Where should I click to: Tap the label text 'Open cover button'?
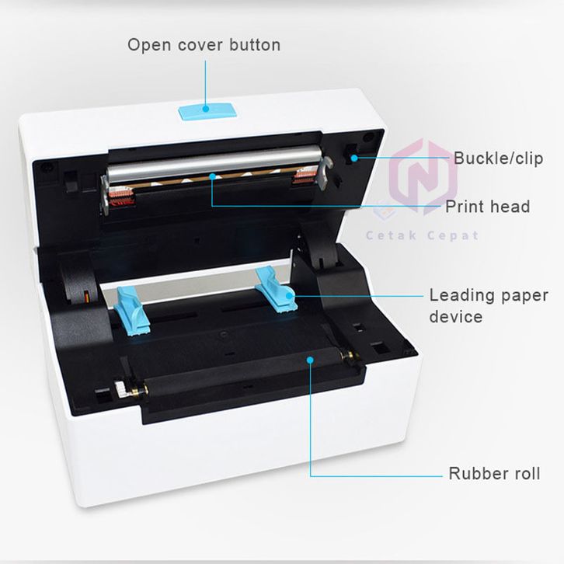coord(204,44)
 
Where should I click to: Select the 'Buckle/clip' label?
coord(498,158)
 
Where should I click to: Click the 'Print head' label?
coord(487,207)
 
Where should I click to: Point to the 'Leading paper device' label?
coord(488,306)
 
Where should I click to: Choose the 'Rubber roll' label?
coord(494,473)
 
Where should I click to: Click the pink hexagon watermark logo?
coord(423,177)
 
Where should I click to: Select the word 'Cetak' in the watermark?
coord(394,235)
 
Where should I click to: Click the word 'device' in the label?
coord(455,317)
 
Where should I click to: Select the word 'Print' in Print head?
coord(465,207)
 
